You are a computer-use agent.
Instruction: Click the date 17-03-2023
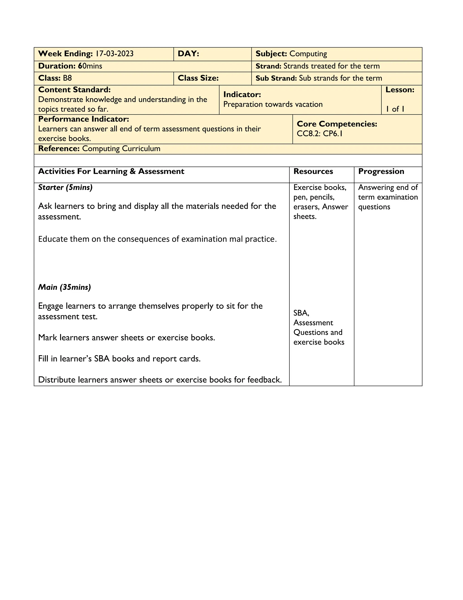[x=114, y=54]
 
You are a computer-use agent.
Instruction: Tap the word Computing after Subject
[x=308, y=54]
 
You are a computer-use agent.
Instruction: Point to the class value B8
[x=67, y=78]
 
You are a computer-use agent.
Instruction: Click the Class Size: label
[x=198, y=78]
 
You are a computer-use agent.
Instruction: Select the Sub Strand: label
[x=276, y=78]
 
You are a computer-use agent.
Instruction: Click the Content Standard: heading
[x=74, y=90]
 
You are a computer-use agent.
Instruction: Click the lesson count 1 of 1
[x=395, y=109]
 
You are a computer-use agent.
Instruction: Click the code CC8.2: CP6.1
[x=319, y=134]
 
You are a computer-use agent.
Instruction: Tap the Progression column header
[x=381, y=171]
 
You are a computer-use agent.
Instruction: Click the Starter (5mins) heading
[x=65, y=187]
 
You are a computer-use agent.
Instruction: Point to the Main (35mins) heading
[x=64, y=287]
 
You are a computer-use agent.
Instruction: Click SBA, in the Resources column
[x=301, y=313]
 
